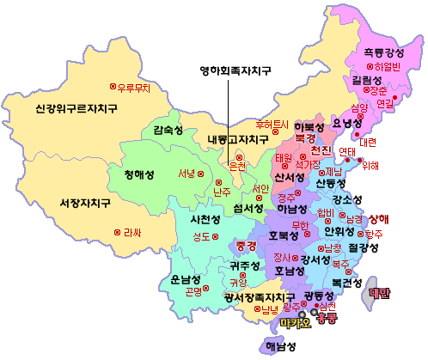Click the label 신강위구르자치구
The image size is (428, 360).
point(76,109)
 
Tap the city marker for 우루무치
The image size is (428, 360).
point(112,88)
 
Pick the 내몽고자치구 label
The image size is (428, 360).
point(238,139)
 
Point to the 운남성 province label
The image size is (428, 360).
point(186,279)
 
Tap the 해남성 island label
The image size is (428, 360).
point(278,347)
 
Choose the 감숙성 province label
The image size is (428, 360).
point(168,130)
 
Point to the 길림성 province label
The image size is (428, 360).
point(366,80)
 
